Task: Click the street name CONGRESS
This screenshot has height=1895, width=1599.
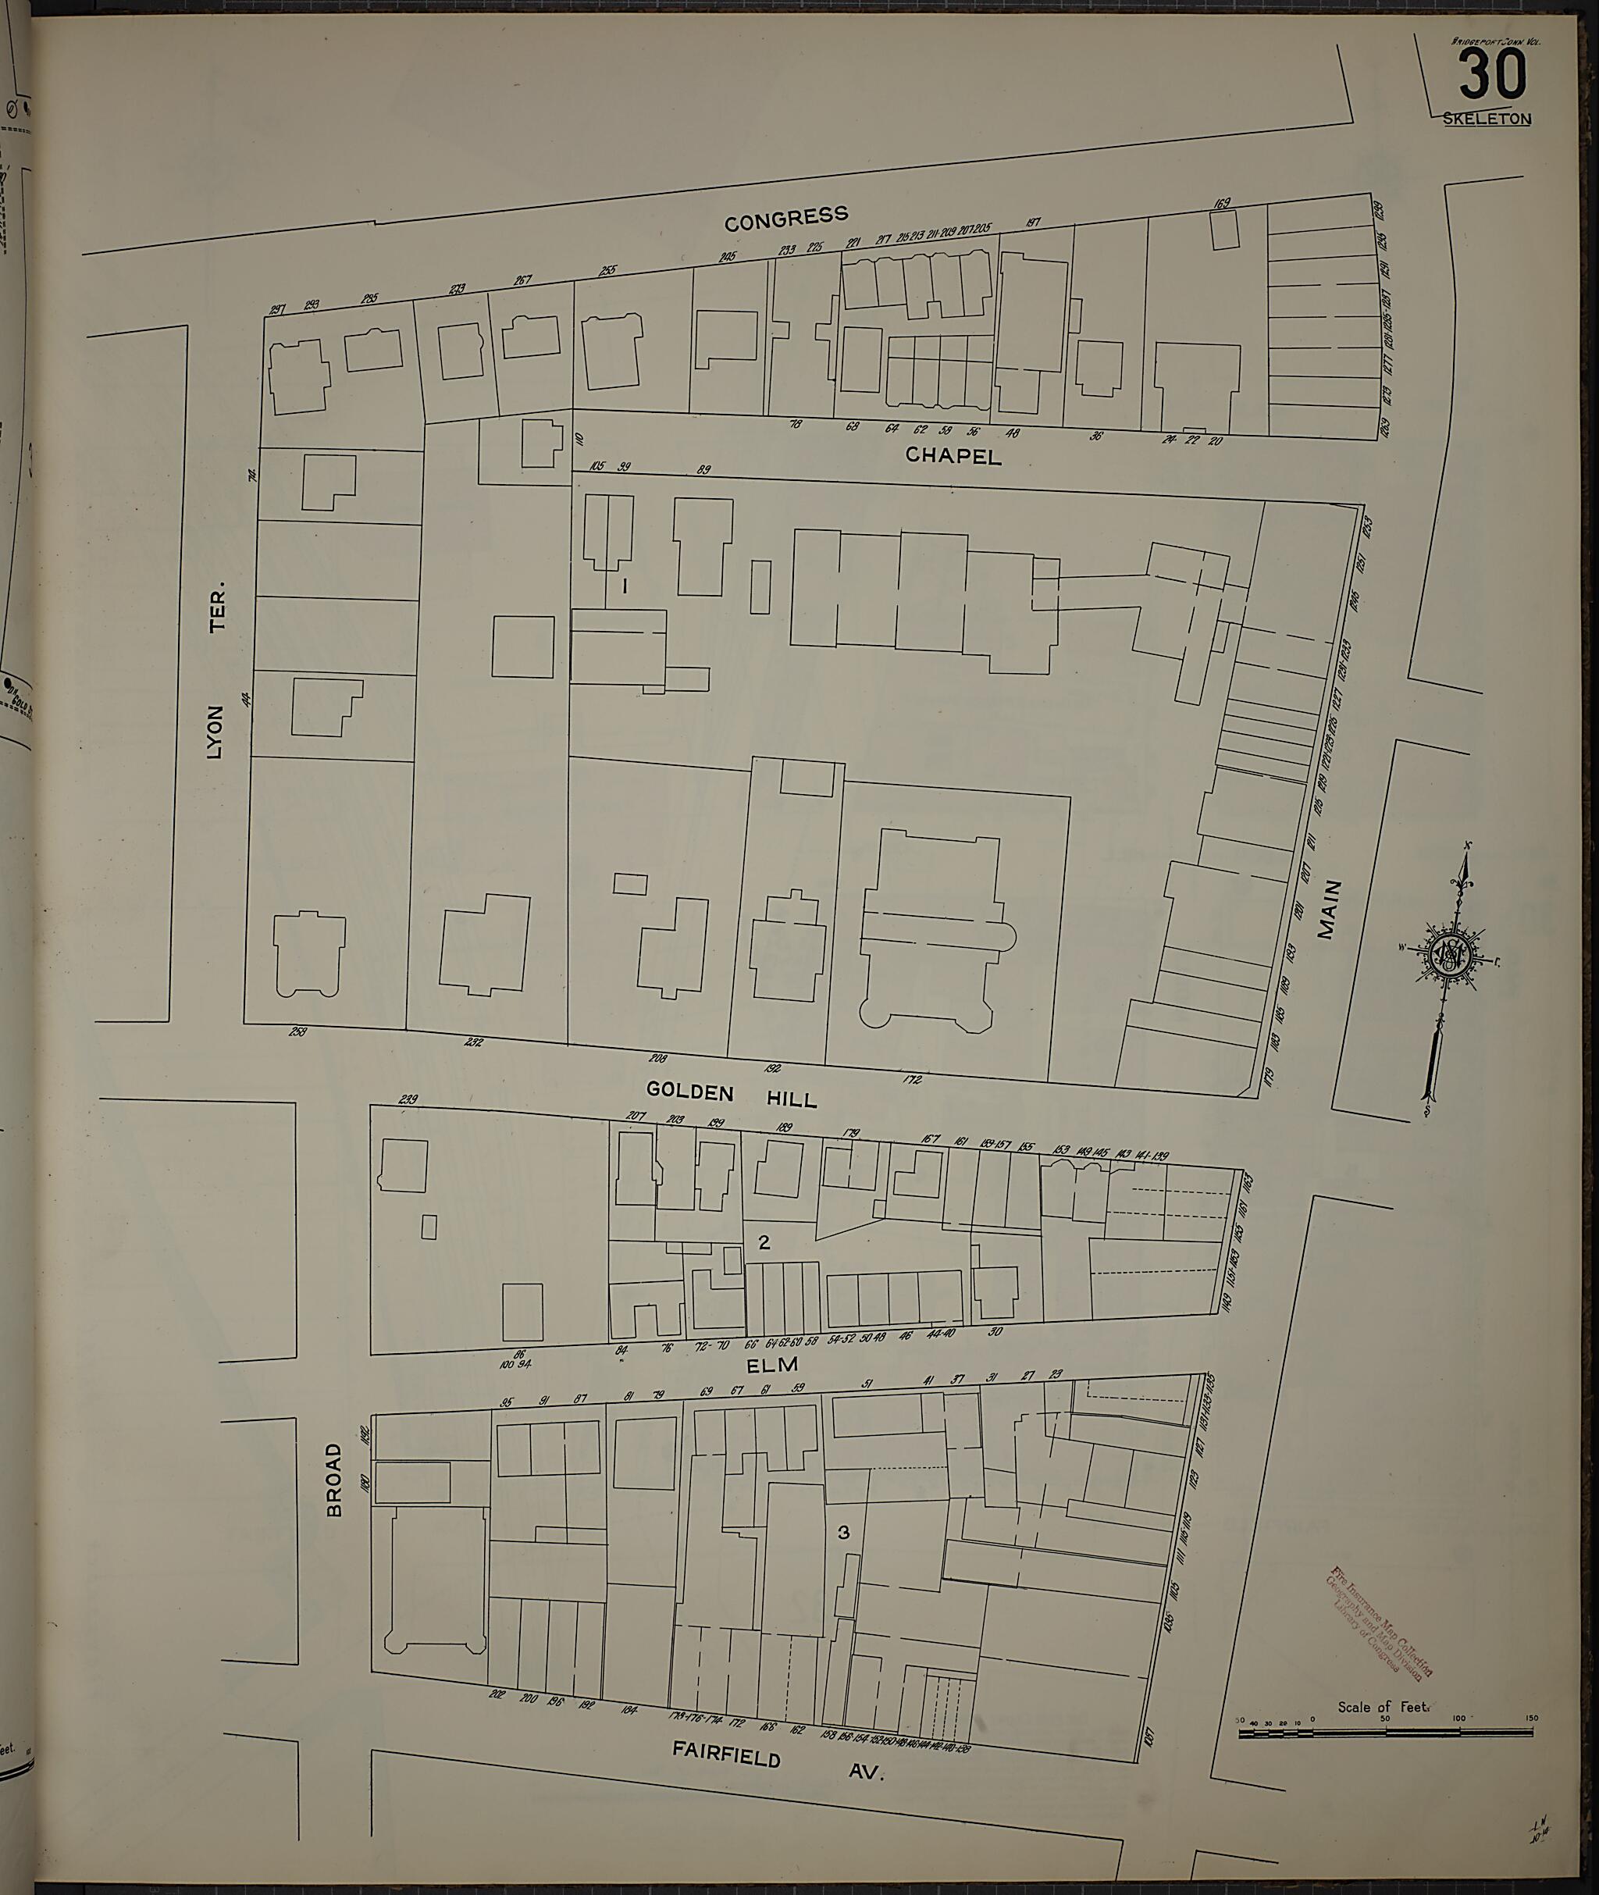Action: (787, 218)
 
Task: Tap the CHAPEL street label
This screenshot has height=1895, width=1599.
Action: (953, 457)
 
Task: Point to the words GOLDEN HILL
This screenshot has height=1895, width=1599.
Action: (732, 1093)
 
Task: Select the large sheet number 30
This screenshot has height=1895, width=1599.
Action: (1492, 76)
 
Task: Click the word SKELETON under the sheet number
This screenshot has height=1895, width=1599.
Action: (1487, 119)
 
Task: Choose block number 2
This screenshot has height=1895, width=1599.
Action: (764, 1242)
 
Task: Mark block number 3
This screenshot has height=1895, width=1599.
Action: (844, 1533)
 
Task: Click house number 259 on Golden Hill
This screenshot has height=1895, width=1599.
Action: (297, 1031)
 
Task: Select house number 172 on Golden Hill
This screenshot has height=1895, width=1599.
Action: (912, 1079)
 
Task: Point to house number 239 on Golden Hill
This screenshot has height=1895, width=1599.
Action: (408, 1100)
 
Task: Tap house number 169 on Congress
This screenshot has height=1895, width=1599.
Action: (1222, 204)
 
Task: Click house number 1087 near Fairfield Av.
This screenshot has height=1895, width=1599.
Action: (1150, 1739)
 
